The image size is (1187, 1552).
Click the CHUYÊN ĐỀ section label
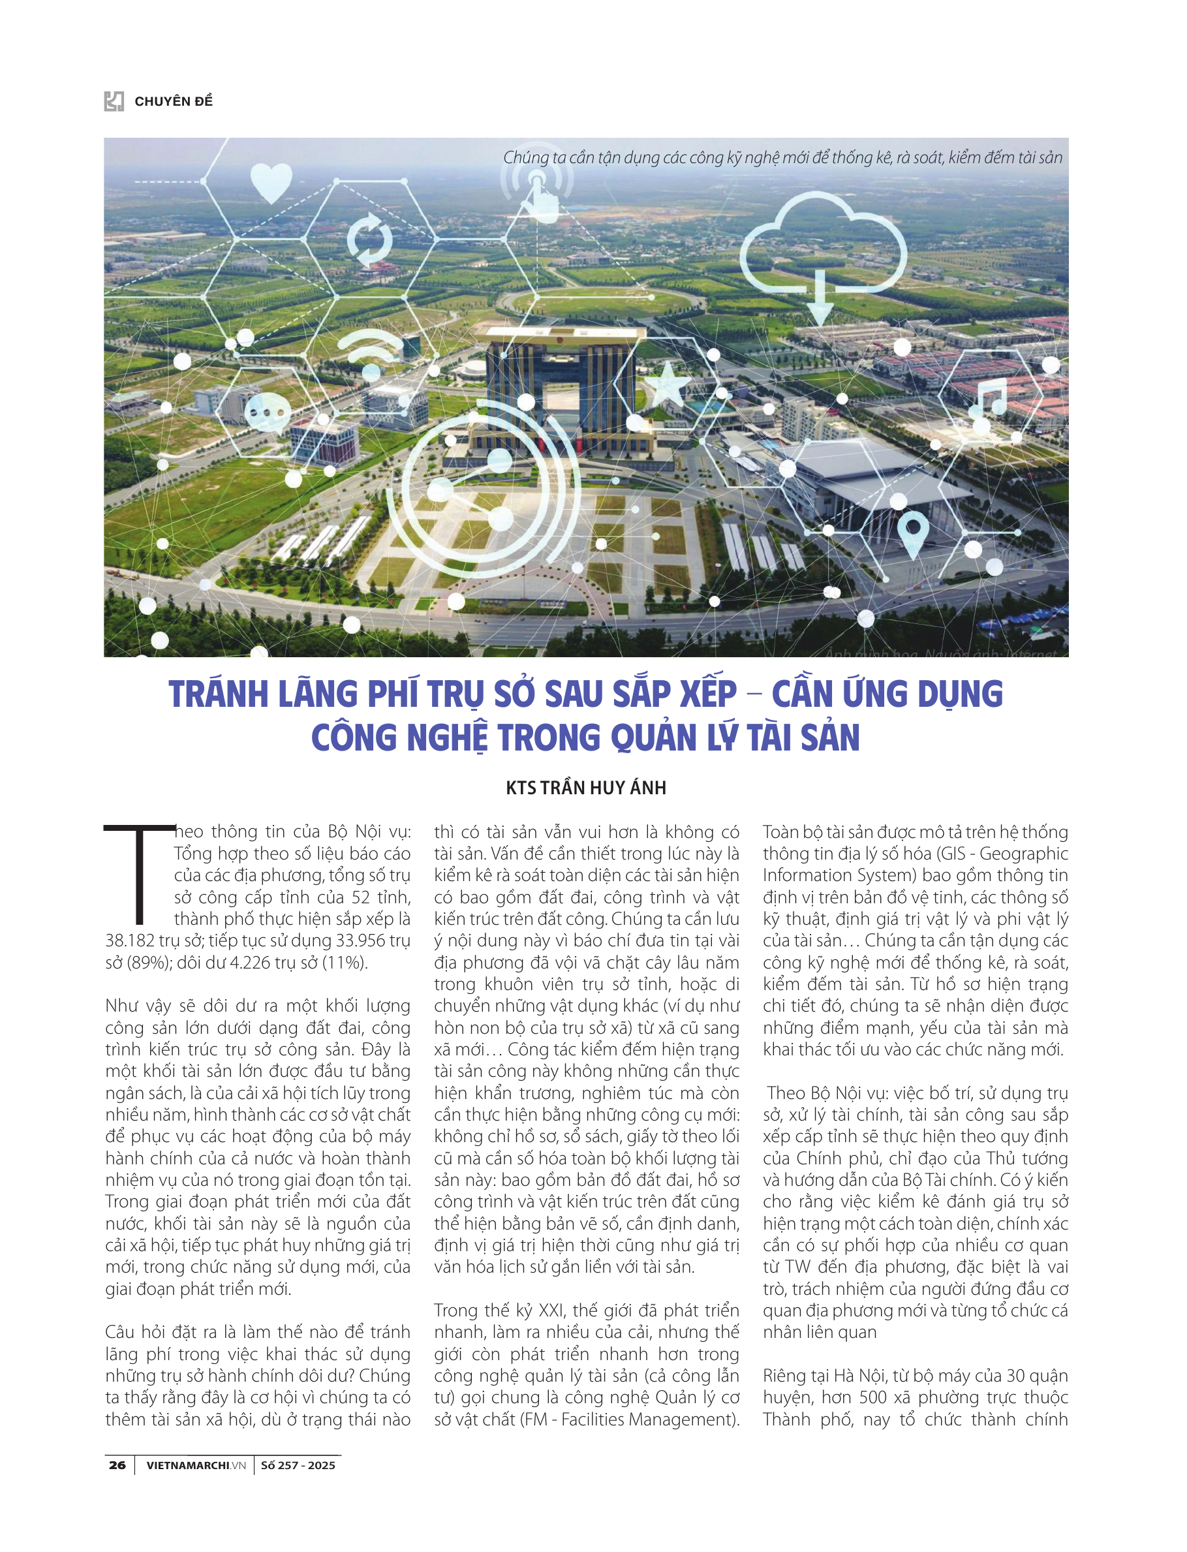coord(173,101)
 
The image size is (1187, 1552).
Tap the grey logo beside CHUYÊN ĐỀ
coord(114,101)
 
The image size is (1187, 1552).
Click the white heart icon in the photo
coord(271,181)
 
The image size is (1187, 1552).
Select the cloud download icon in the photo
coord(823,256)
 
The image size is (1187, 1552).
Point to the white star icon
coord(666,385)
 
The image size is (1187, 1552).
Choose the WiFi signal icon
coord(369,352)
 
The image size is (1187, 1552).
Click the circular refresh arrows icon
coord(369,240)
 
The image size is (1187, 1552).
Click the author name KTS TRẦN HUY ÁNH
coord(586,787)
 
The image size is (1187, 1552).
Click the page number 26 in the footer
coord(117,1465)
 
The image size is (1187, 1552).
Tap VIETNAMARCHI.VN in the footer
coord(196,1465)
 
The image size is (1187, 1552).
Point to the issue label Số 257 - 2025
coord(298,1465)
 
